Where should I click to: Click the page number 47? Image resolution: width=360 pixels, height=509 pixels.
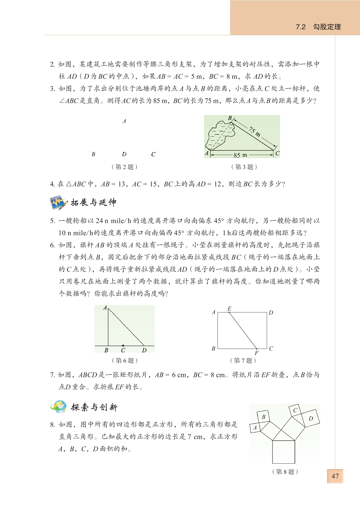coord(335,476)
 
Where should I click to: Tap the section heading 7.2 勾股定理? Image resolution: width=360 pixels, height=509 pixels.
coord(318,27)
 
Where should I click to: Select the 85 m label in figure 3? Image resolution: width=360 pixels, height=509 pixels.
coord(240,155)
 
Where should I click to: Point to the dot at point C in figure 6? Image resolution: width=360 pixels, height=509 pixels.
coord(123,346)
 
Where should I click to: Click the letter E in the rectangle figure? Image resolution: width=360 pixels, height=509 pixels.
coord(229,309)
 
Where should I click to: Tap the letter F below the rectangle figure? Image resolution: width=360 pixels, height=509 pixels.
coord(256,353)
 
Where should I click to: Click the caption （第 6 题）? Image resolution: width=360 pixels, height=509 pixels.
coord(125,360)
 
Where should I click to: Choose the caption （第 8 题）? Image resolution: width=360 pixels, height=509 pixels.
coord(285,471)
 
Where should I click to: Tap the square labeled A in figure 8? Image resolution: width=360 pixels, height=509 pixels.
coord(255,428)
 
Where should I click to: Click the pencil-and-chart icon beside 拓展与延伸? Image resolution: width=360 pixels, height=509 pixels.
coord(59,203)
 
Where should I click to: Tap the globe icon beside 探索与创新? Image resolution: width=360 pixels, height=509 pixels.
coord(58,407)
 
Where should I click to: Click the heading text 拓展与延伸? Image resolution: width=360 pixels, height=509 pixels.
coord(94,203)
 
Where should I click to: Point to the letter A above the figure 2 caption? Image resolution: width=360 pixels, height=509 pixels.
coord(124,121)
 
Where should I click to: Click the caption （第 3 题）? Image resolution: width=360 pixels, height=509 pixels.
coord(244,167)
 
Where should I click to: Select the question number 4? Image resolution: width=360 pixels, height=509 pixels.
coord(52,184)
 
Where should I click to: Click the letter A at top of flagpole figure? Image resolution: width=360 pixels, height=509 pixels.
coord(105,308)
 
